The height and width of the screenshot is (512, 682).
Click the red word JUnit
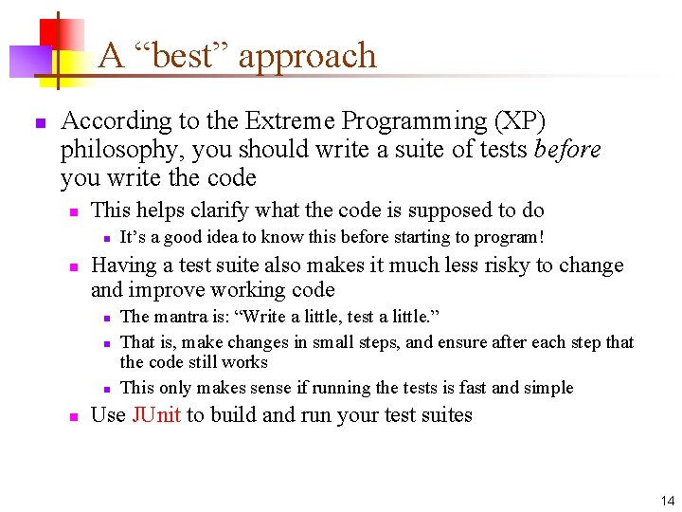click(156, 415)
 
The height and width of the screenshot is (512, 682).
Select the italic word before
click(567, 150)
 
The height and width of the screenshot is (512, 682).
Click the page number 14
click(668, 501)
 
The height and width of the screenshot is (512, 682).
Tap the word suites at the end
click(446, 415)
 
